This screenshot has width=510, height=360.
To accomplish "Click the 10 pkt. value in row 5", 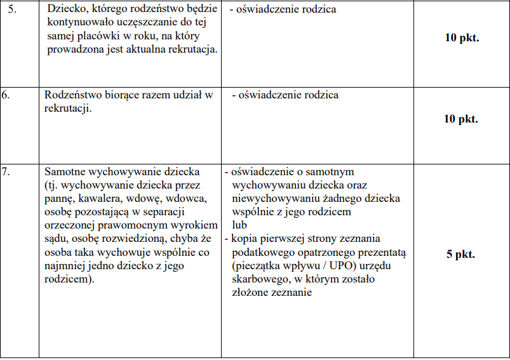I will pyautogui.click(x=461, y=37).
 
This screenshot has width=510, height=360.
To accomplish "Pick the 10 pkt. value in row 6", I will pyautogui.click(x=461, y=119).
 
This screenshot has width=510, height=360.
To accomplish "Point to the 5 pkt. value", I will pyautogui.click(x=461, y=254).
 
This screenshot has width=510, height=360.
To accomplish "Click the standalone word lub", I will pyautogui.click(x=240, y=225).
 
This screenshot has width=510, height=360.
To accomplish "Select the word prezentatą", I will pyautogui.click(x=383, y=253).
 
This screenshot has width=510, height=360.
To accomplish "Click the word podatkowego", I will pyautogui.click(x=262, y=253).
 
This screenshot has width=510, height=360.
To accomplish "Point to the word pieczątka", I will pyautogui.click(x=260, y=266).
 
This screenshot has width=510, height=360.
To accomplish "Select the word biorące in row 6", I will pyautogui.click(x=130, y=95).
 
